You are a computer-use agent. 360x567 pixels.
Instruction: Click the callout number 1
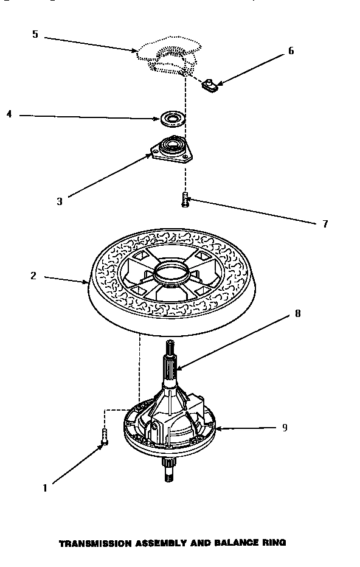click(45, 487)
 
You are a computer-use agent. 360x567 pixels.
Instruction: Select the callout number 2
click(34, 276)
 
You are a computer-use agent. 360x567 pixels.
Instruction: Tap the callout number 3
click(59, 201)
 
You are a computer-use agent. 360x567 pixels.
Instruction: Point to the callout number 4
click(9, 114)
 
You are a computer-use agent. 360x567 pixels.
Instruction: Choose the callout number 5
click(35, 34)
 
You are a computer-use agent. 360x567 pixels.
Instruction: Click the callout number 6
click(291, 51)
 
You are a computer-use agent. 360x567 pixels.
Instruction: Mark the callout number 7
click(325, 224)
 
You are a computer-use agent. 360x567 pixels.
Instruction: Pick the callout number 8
click(297, 314)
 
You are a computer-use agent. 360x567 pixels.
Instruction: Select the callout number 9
click(284, 428)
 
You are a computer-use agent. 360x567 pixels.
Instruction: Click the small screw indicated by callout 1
click(104, 436)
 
